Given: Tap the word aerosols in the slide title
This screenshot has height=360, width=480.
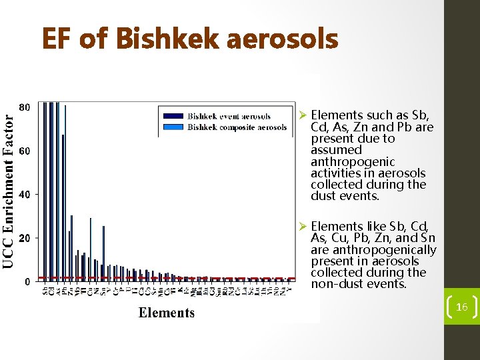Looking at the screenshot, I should [283, 39].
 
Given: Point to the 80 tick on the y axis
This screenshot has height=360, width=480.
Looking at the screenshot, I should [23, 107].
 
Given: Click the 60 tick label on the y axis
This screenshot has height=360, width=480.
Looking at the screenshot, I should [23, 151].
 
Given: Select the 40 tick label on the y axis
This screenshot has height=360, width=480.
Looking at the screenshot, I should [23, 195].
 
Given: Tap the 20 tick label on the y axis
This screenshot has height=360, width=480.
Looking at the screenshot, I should [23, 238].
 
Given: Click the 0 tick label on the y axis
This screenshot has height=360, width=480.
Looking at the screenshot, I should [27, 281].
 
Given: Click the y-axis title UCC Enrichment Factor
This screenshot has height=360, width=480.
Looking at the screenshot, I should [8, 189].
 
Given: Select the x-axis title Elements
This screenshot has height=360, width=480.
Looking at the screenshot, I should [167, 313].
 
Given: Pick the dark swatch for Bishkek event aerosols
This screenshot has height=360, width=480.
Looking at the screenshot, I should [172, 117].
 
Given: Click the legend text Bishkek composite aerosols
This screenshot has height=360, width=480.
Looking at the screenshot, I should [237, 127].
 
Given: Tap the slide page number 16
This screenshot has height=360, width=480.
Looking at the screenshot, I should [461, 307].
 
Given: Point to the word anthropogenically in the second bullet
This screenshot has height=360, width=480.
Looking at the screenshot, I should [373, 250].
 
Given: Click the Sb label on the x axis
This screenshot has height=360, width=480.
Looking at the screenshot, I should [45, 291].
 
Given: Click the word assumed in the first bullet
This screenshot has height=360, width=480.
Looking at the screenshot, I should [333, 151].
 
